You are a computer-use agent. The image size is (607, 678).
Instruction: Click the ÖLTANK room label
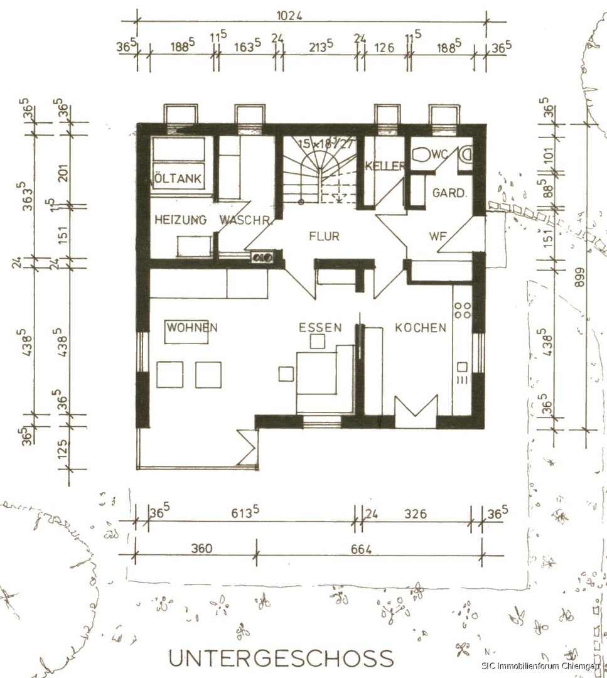click(x=178, y=179)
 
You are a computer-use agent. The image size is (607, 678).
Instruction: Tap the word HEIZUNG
click(x=181, y=220)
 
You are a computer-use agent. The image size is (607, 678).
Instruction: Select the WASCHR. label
click(x=245, y=220)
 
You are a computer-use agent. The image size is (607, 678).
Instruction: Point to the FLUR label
click(x=324, y=237)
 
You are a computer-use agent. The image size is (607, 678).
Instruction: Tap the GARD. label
click(x=449, y=193)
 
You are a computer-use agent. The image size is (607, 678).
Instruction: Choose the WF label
click(x=438, y=237)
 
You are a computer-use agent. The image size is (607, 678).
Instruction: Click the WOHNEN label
click(x=192, y=328)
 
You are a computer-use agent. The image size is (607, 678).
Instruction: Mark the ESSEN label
click(x=320, y=328)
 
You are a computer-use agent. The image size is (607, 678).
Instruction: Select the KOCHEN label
click(x=421, y=328)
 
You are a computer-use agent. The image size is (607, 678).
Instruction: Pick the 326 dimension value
click(x=415, y=514)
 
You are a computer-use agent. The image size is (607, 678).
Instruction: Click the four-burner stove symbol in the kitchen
click(x=463, y=309)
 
